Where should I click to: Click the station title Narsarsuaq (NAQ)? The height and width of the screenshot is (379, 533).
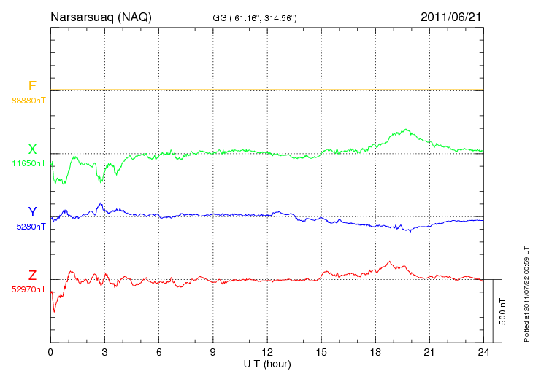tap(101, 17)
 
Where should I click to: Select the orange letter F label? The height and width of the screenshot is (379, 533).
tap(32, 87)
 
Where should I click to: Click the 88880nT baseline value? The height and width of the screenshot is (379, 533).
tap(28, 101)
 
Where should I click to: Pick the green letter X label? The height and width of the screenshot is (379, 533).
tap(32, 149)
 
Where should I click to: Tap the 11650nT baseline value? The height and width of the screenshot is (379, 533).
tap(28, 163)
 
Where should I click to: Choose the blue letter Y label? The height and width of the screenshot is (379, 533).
tap(32, 212)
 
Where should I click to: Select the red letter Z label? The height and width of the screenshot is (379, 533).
tap(32, 276)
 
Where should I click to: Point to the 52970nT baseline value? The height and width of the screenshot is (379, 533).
tap(28, 289)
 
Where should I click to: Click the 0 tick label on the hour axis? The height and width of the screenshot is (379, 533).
tap(50, 352)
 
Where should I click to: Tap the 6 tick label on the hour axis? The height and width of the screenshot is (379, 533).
tap(159, 352)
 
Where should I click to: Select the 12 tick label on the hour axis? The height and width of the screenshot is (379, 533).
tap(267, 352)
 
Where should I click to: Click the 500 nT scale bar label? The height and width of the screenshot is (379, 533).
tap(502, 311)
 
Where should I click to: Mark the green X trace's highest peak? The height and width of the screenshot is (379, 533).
tap(404, 130)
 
